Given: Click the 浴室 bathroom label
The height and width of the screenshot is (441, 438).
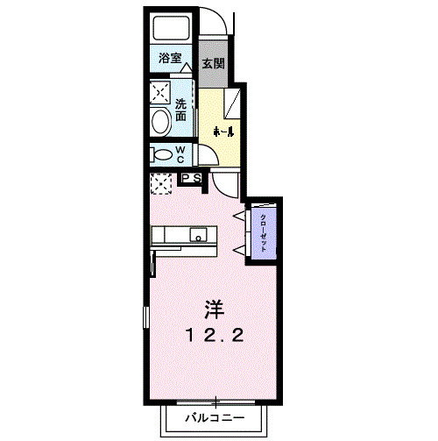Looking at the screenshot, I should pos(170,59).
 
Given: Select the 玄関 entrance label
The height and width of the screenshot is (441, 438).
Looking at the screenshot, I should pos(214,63).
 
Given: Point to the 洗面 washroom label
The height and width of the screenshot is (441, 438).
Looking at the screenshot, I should pos(180,109).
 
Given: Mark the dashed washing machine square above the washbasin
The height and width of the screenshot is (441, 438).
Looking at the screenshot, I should pos(160,91).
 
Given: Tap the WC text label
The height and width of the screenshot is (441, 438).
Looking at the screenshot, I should pos(180,154).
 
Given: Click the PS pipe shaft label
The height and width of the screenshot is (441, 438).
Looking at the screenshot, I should pos(193,178).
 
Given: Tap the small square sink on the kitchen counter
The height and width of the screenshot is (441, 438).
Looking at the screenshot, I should pos(199,235).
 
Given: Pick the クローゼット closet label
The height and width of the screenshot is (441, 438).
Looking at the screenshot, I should pos(264,231).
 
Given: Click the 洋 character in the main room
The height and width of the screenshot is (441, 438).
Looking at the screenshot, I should pos(214,309).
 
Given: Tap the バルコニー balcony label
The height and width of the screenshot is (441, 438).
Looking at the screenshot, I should pos(214,417).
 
